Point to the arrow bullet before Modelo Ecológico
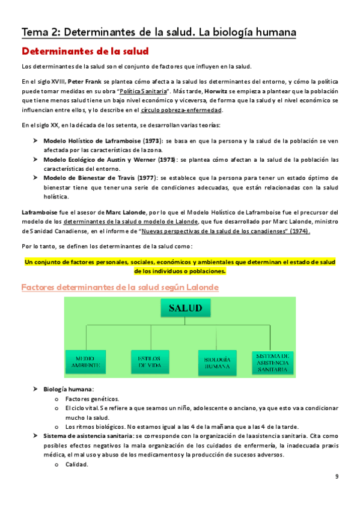(35, 160)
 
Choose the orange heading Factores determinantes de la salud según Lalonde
(120, 287)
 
